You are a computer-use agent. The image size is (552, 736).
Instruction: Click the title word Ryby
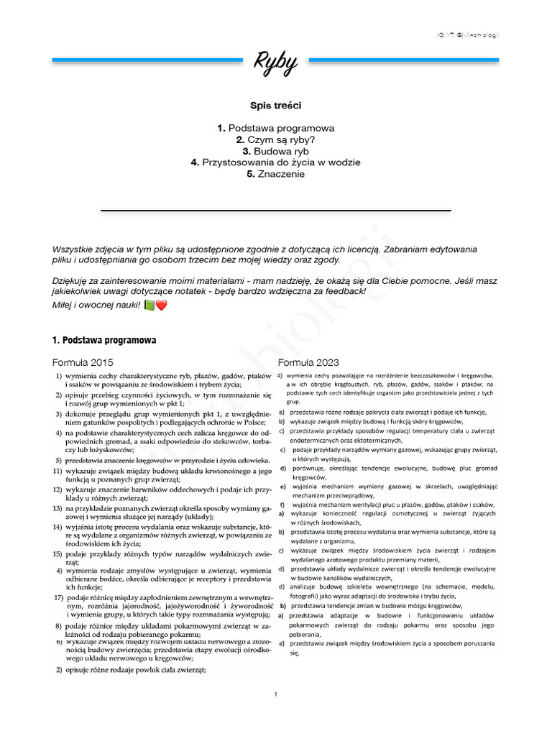[275, 64]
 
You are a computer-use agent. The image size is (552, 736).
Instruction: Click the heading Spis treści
[275, 104]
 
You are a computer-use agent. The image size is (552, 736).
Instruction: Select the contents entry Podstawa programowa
[275, 128]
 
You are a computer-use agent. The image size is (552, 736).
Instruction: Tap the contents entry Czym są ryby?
[275, 139]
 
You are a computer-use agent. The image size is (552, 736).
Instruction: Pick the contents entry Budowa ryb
[275, 151]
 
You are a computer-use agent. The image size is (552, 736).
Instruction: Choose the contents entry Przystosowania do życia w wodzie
[275, 162]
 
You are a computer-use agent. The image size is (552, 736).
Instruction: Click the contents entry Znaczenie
[275, 174]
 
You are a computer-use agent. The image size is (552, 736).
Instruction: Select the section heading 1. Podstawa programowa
[105, 339]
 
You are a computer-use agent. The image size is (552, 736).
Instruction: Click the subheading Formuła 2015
[83, 362]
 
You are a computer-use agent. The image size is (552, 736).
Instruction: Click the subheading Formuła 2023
[309, 362]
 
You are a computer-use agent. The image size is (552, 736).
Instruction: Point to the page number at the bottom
[276, 694]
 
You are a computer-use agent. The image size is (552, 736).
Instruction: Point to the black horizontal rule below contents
[275, 210]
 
